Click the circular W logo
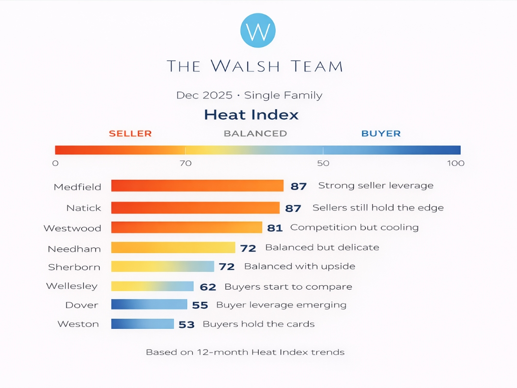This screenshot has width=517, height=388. point(258,31)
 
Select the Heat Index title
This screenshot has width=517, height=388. point(251,115)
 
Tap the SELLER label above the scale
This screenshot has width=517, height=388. point(130,133)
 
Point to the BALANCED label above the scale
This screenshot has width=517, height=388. point(255,133)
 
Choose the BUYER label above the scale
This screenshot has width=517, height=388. point(381,133)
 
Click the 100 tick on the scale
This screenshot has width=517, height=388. point(455,163)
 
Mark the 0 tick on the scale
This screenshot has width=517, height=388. point(55,163)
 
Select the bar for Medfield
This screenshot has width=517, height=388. point(197,186)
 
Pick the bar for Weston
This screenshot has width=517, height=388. point(142,324)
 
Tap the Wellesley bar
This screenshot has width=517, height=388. point(152,287)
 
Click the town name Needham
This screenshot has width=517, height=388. point(74,249)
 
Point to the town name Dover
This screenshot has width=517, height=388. point(82,306)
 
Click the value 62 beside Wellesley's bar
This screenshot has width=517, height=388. point(208,287)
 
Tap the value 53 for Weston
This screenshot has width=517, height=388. point(187,324)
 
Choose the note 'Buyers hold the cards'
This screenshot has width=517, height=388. point(258,324)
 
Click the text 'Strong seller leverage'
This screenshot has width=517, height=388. point(376,186)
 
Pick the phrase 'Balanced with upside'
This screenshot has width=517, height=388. point(299,267)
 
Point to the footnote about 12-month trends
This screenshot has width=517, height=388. point(245,353)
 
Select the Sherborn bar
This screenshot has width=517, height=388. point(162,267)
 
